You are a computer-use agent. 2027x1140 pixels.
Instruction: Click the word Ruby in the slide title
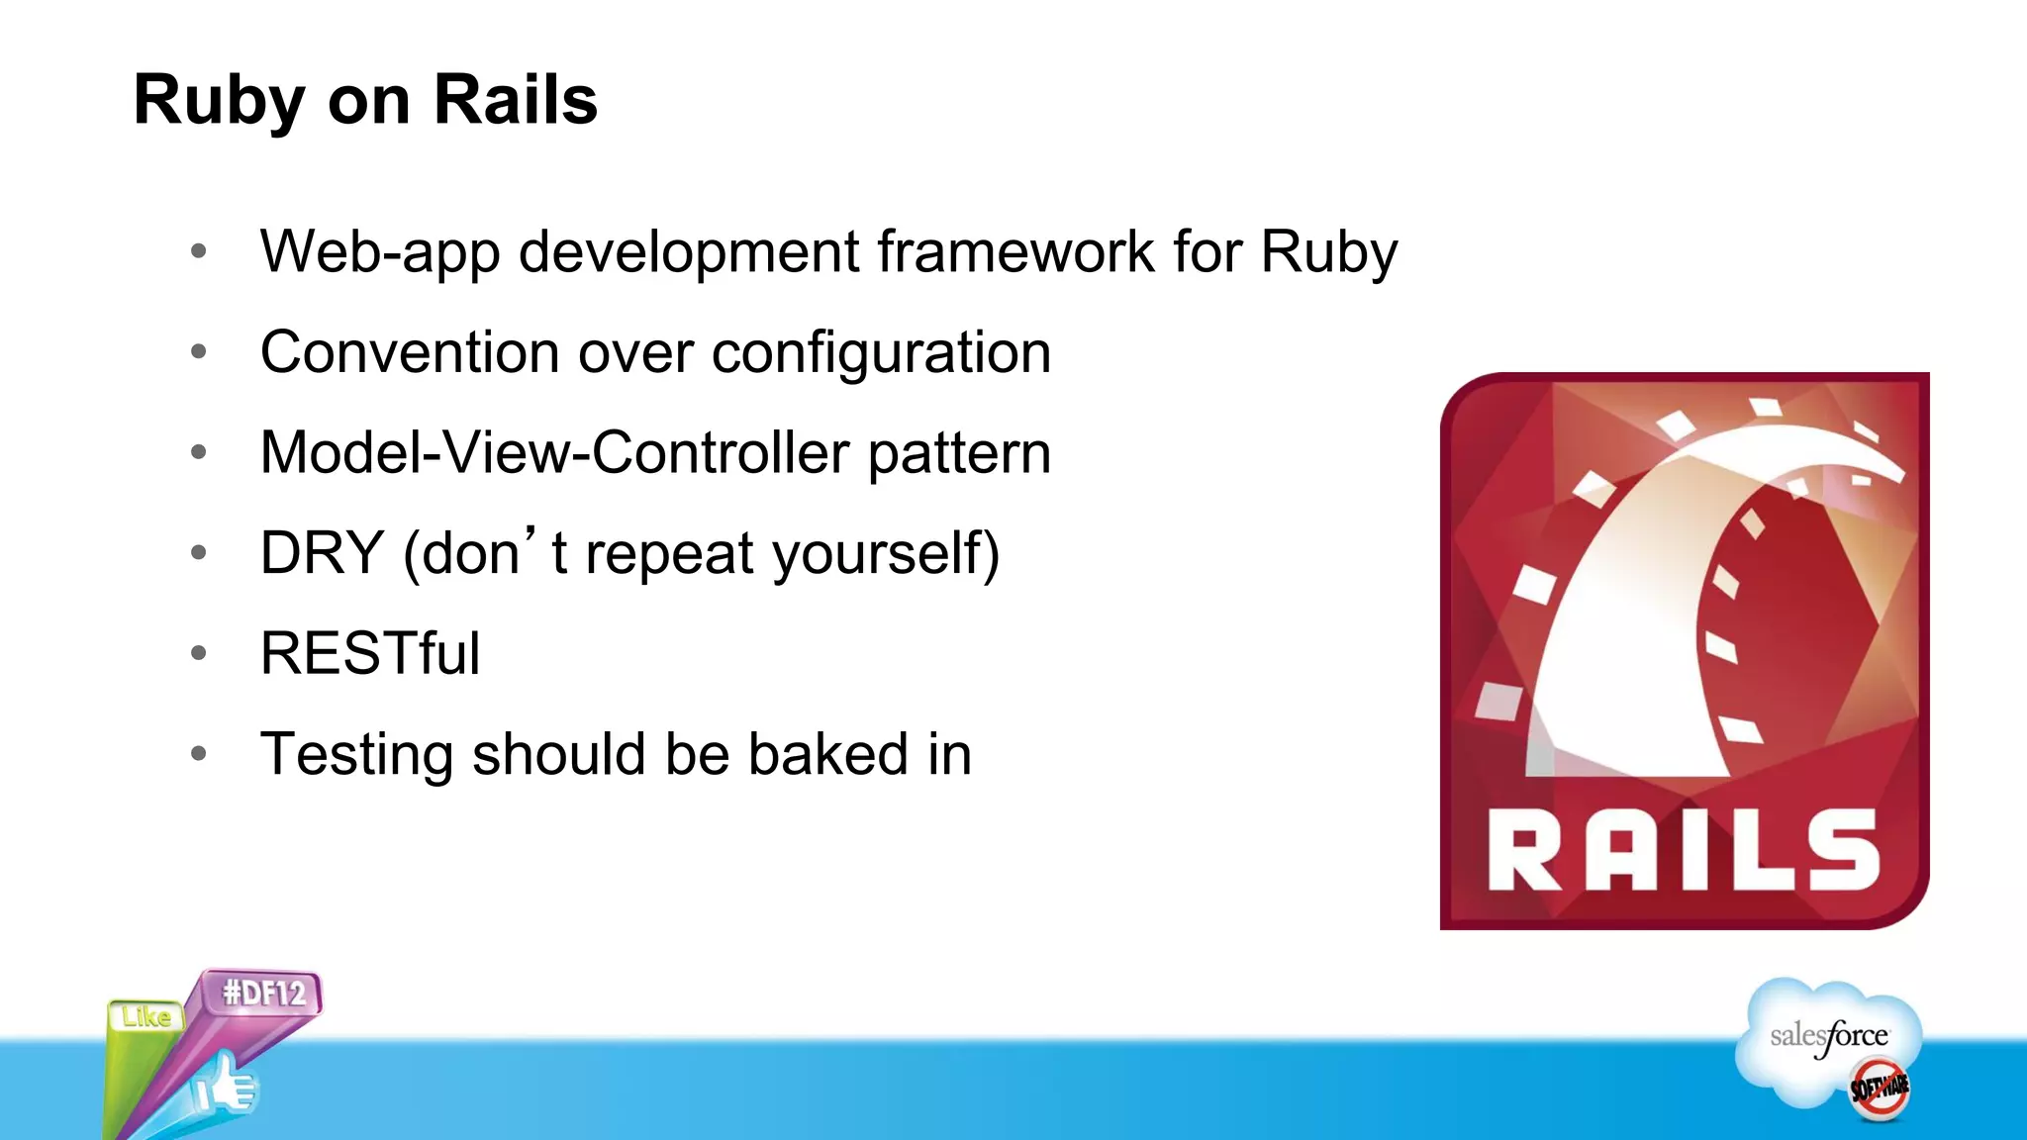point(220,101)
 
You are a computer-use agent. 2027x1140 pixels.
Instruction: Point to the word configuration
point(881,352)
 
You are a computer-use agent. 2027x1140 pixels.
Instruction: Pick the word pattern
point(959,453)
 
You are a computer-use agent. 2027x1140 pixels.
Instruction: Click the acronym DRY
point(322,553)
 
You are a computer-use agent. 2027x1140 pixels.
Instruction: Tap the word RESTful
point(370,654)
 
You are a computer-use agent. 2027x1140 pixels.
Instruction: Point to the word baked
point(827,754)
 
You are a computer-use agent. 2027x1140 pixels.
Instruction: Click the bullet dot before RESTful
point(199,653)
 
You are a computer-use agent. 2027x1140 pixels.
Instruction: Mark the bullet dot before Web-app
point(199,251)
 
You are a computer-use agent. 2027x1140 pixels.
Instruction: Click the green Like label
point(146,1017)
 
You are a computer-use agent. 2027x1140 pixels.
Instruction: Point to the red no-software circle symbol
point(1880,1089)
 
